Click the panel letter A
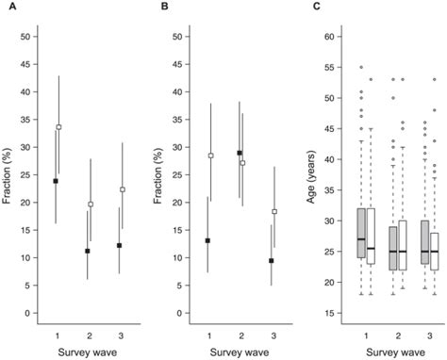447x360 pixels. pyautogui.click(x=8, y=7)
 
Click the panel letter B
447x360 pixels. pyautogui.click(x=165, y=7)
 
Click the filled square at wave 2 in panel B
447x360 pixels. pyautogui.click(x=240, y=153)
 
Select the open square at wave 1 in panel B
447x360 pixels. pyautogui.click(x=211, y=155)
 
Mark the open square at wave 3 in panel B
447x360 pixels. pyautogui.click(x=274, y=212)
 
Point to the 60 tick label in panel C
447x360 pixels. pyautogui.click(x=331, y=37)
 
